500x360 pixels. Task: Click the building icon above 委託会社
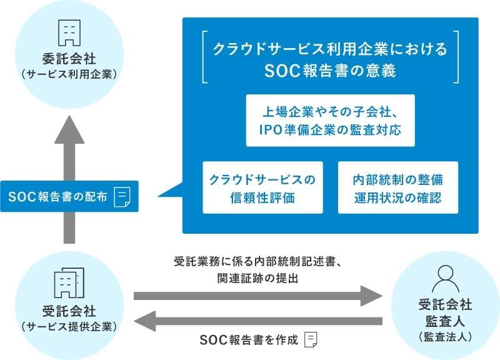69,33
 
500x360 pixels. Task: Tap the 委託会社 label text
69,59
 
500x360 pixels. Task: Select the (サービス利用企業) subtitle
69,74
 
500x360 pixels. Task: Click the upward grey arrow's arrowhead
69,130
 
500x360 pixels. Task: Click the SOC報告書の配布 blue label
69,196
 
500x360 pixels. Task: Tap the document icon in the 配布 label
122,197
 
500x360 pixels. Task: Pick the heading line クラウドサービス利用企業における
331,49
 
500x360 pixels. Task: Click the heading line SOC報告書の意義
331,71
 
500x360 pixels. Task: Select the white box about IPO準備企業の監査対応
331,121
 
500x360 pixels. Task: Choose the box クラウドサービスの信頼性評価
262,187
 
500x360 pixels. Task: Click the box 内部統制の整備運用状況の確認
398,187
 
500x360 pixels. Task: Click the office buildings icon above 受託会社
69,282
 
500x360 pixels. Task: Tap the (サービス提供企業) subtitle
69,326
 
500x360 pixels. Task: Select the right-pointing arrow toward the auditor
258,296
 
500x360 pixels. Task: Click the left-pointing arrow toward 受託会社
258,321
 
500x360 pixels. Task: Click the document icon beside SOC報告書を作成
311,339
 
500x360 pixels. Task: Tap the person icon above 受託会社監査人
446,279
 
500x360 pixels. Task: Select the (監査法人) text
446,337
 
